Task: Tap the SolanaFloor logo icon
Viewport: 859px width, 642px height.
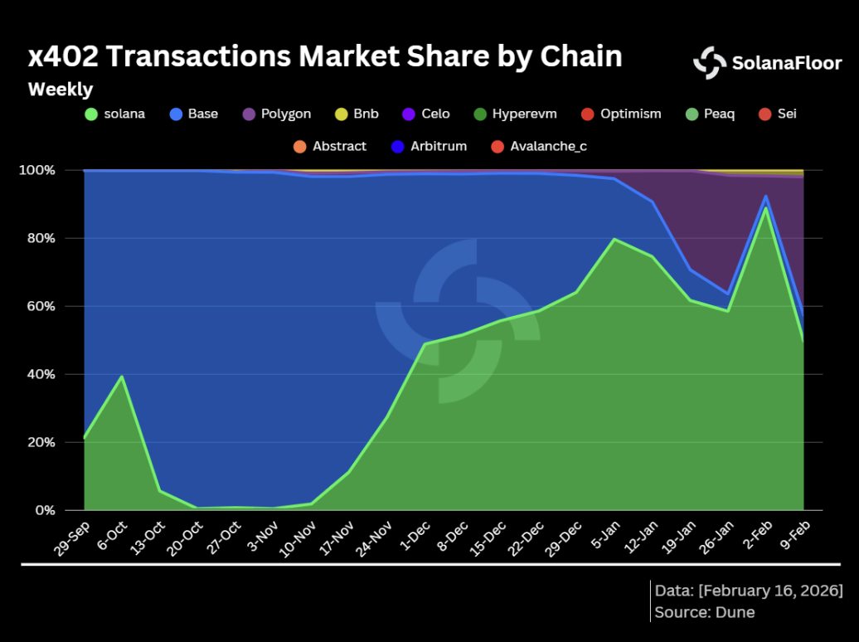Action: pos(710,62)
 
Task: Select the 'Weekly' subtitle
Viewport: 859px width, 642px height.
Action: pos(61,90)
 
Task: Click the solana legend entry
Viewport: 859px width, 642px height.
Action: pos(115,114)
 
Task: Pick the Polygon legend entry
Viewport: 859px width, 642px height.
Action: pos(277,114)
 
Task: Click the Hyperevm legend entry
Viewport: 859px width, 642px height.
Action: pos(516,114)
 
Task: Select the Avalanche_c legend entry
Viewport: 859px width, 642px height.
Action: pos(539,146)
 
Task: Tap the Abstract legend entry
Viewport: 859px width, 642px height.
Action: pos(330,146)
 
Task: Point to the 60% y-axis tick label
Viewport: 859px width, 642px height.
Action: pos(38,306)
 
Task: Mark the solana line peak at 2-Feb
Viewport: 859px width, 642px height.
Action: pos(766,207)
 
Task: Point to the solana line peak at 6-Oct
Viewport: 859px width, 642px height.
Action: pos(122,377)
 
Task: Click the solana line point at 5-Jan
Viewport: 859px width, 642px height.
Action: pos(614,239)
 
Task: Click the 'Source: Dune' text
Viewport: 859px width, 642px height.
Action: pos(704,612)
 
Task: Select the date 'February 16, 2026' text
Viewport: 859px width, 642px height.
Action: pos(770,591)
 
